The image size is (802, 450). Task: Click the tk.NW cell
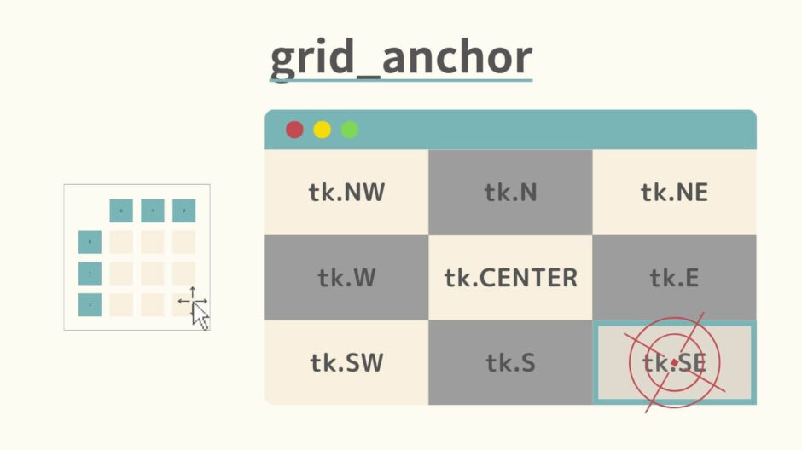tap(346, 193)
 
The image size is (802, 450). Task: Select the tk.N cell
tap(510, 193)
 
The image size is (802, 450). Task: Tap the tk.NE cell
tap(674, 193)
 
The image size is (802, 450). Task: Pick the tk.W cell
tap(346, 278)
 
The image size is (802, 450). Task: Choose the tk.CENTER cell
tap(510, 278)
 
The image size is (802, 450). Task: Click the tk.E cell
tap(674, 278)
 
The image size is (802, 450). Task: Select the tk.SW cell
tap(346, 363)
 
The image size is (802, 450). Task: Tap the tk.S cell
tap(510, 363)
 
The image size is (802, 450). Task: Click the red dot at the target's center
tap(674, 363)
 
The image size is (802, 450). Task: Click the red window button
tap(294, 130)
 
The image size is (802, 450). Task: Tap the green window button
tap(350, 130)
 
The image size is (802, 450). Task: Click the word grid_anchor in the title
tap(401, 58)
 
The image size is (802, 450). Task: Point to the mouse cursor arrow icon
tap(200, 315)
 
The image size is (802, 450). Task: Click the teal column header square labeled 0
tap(121, 211)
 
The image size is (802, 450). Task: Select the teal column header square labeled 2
tap(183, 211)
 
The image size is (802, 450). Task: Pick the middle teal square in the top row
tap(153, 211)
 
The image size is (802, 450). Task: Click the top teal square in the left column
tap(90, 242)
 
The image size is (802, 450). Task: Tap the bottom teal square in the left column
tap(90, 304)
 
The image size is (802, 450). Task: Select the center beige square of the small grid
tap(153, 273)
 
